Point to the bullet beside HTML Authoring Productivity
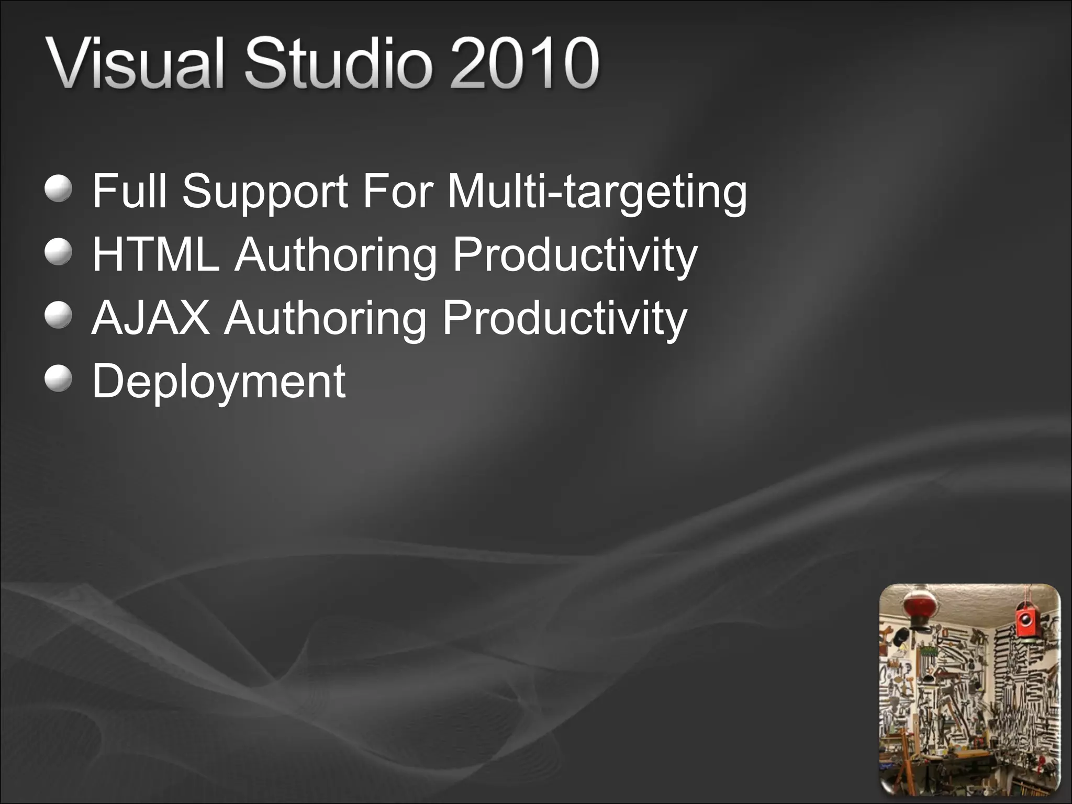tap(58, 253)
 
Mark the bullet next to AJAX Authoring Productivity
tap(58, 316)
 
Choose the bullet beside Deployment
tap(58, 379)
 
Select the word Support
tap(265, 192)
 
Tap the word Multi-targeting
tap(597, 192)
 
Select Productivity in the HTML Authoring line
tap(575, 255)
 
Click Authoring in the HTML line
tap(336, 255)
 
